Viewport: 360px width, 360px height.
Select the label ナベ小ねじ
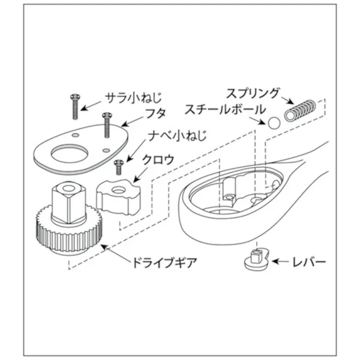click(x=173, y=136)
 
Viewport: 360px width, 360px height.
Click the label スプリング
click(x=252, y=93)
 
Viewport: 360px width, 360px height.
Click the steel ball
click(x=274, y=123)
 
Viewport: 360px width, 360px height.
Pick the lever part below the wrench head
click(x=256, y=259)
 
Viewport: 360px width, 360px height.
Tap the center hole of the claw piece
click(x=119, y=190)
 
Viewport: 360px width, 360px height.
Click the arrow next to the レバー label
click(x=281, y=262)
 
